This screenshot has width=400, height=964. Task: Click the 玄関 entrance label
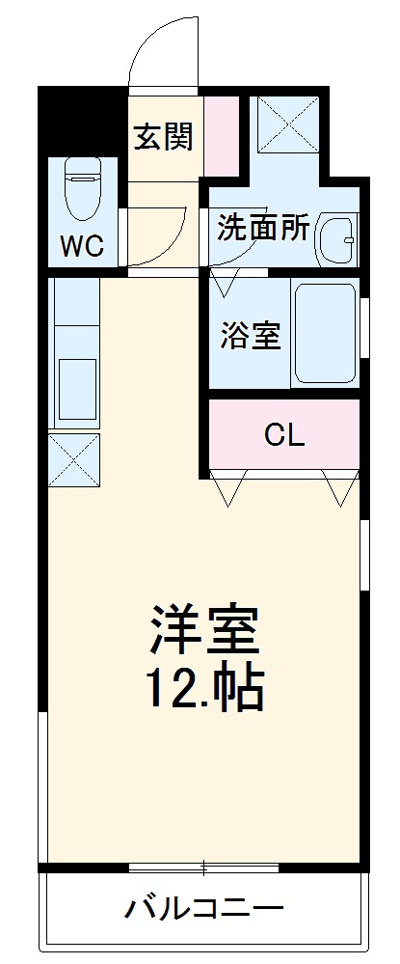[163, 138]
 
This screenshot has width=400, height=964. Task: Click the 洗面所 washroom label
[263, 228]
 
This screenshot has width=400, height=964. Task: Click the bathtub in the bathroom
[326, 332]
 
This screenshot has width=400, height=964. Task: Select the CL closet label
[284, 435]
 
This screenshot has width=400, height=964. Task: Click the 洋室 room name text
[204, 629]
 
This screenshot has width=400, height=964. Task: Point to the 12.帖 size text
[204, 687]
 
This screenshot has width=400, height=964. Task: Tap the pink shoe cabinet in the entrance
[219, 136]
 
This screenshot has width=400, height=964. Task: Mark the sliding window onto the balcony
[204, 867]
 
